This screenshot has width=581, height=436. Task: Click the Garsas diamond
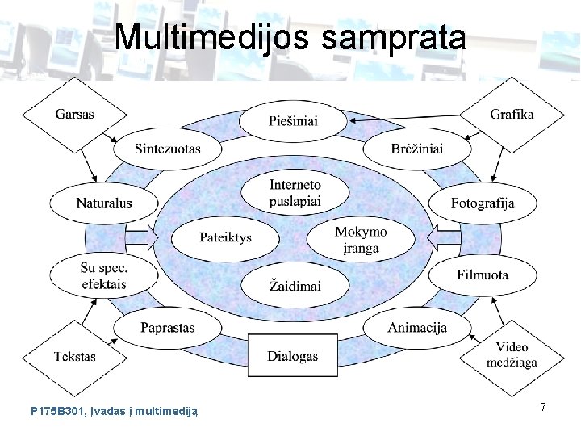[x=75, y=114]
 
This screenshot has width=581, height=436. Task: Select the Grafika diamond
[x=512, y=114]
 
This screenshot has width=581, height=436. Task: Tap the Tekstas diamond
[x=75, y=356]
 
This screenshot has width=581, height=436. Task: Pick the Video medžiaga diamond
[x=512, y=354]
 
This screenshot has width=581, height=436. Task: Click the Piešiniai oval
[x=294, y=121]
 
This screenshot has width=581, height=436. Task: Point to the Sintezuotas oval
[x=168, y=149]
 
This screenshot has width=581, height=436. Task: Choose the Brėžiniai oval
[x=416, y=149]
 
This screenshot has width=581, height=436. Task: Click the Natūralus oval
[x=105, y=203]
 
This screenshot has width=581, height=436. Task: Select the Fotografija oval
[x=483, y=203]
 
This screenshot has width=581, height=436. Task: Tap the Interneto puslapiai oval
[x=295, y=192]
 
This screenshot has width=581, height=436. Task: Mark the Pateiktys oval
[x=225, y=238]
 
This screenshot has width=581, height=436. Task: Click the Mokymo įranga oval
[x=361, y=239]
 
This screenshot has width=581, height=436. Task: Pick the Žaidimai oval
[x=295, y=286]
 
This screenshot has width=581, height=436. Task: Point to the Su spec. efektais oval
[x=104, y=275]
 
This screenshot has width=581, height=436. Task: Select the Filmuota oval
[x=483, y=275]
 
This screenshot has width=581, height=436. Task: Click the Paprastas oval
[x=168, y=328]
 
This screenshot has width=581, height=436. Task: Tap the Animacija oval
[x=416, y=328]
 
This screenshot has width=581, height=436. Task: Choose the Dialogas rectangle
[x=293, y=356]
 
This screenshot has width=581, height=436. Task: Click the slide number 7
[x=544, y=408]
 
